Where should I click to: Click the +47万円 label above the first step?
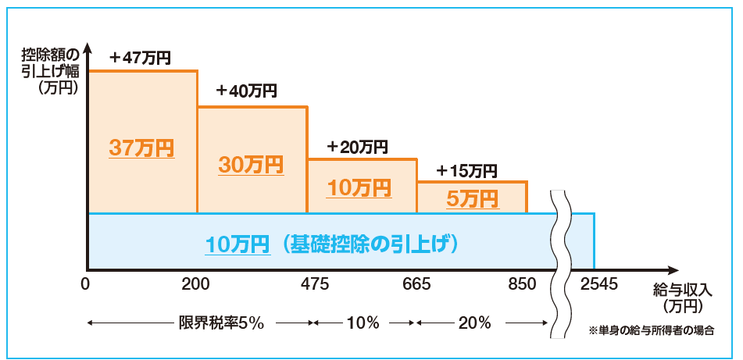click(141, 57)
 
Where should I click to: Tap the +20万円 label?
click(357, 146)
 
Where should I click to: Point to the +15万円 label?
click(466, 170)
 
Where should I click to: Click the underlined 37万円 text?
click(141, 148)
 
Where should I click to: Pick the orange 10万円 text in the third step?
click(359, 187)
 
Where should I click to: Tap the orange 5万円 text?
click(472, 198)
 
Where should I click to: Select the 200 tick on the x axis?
click(195, 283)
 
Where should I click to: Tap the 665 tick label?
click(417, 283)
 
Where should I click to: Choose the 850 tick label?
click(523, 283)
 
